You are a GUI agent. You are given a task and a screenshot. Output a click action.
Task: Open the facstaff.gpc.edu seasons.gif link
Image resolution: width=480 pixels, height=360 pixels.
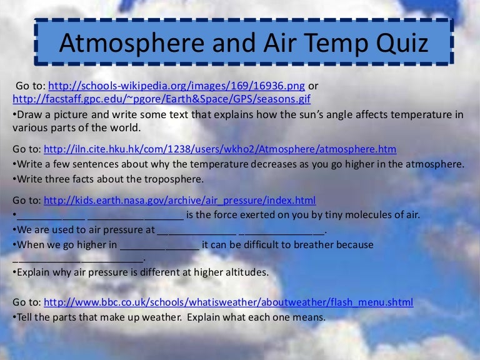[161, 99]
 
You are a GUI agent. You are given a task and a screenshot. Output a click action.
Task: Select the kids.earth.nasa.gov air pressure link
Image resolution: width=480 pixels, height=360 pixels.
[179, 200]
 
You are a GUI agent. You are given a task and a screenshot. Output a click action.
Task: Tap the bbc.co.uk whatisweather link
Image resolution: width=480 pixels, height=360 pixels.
[229, 302]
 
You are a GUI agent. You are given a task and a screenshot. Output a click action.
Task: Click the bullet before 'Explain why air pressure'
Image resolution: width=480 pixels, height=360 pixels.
[14, 273]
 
